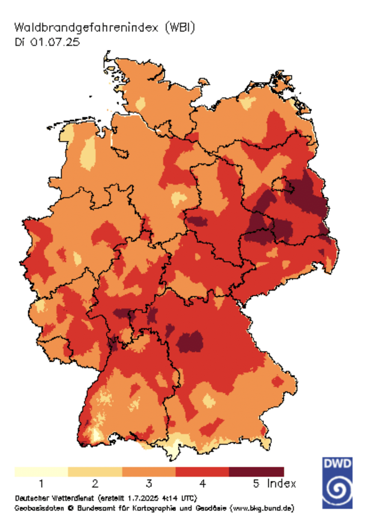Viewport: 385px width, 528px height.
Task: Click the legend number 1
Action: [x=41, y=484]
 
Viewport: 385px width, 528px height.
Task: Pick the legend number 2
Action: [x=95, y=484]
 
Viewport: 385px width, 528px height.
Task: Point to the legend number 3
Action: [x=149, y=484]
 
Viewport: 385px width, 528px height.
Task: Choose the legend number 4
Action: [x=202, y=484]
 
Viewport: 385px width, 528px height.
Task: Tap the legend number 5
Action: [x=256, y=484]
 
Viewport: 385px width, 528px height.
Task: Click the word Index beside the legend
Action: [x=281, y=484]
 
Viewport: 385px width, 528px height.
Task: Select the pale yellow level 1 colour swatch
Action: [x=41, y=471]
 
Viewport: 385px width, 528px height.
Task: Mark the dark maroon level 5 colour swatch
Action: [x=256, y=471]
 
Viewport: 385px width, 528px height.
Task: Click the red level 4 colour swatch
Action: [x=202, y=471]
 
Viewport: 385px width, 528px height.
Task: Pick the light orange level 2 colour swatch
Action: [x=95, y=471]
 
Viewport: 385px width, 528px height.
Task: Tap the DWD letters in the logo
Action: [x=338, y=464]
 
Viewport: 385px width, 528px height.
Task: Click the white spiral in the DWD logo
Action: [x=338, y=488]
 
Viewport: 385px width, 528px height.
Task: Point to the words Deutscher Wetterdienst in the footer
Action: [x=54, y=498]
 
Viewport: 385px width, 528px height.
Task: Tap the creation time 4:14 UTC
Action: [x=180, y=498]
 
